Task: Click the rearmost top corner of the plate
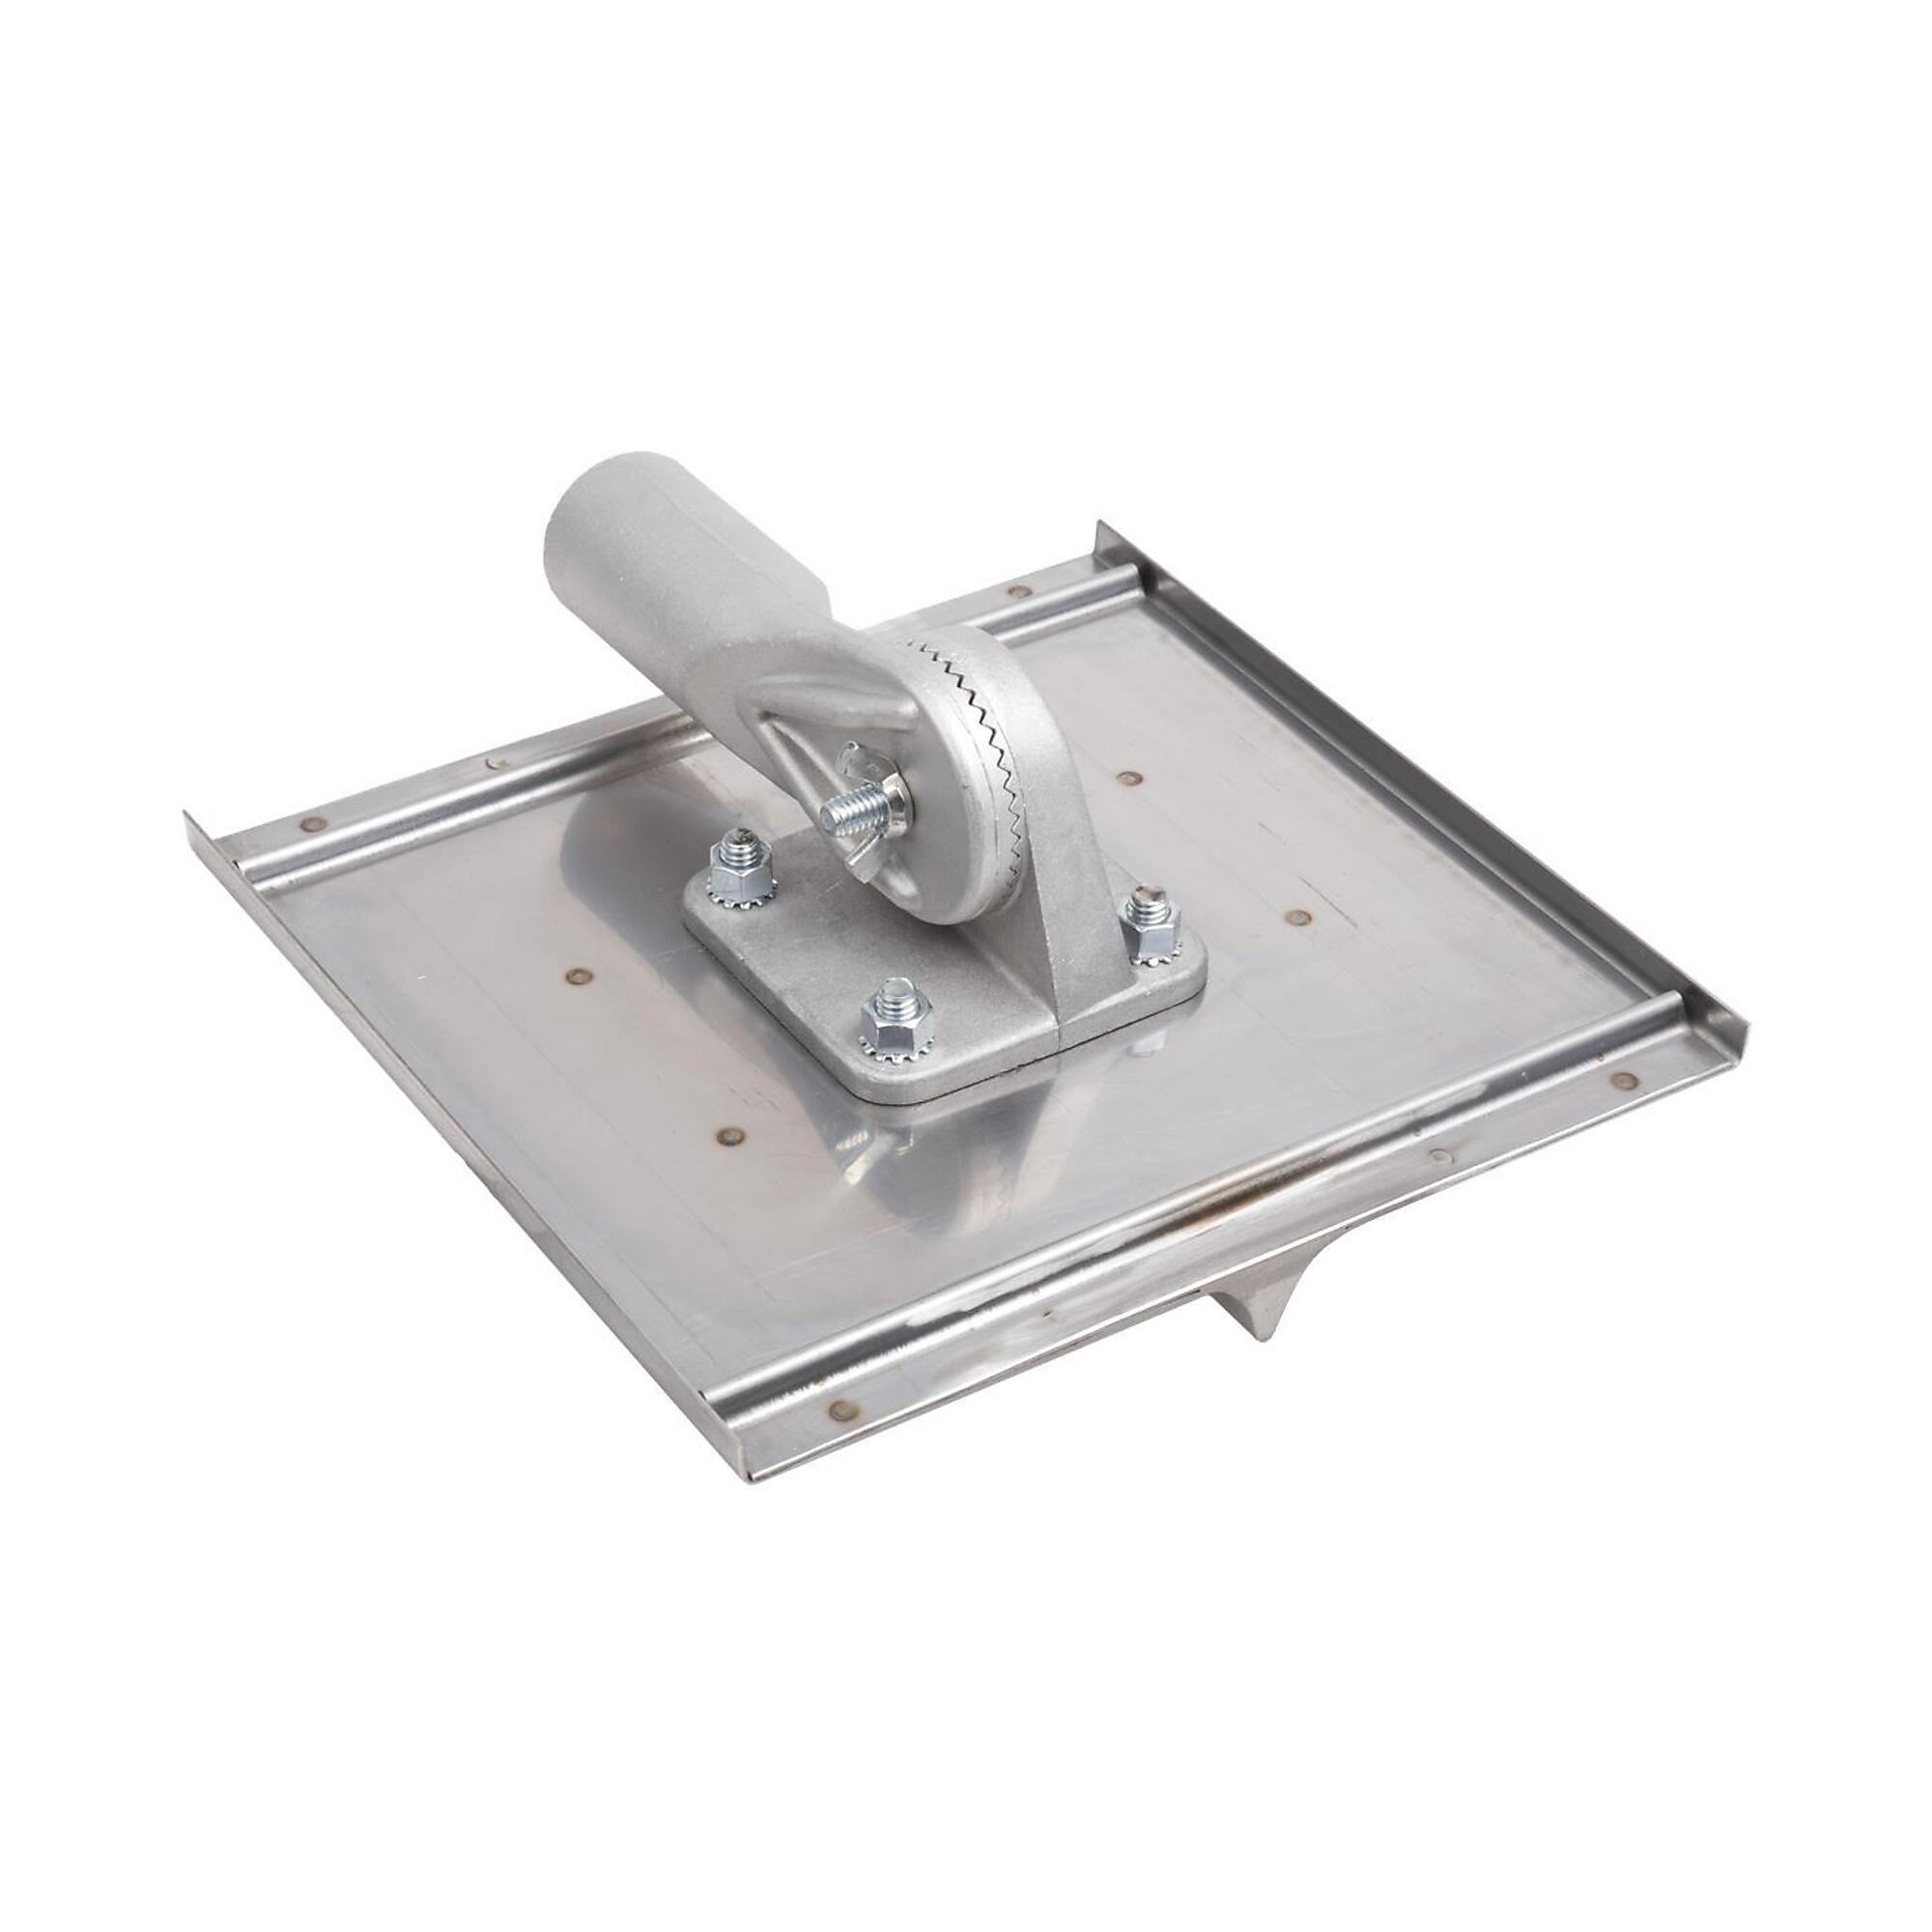pyautogui.click(x=1100, y=524)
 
